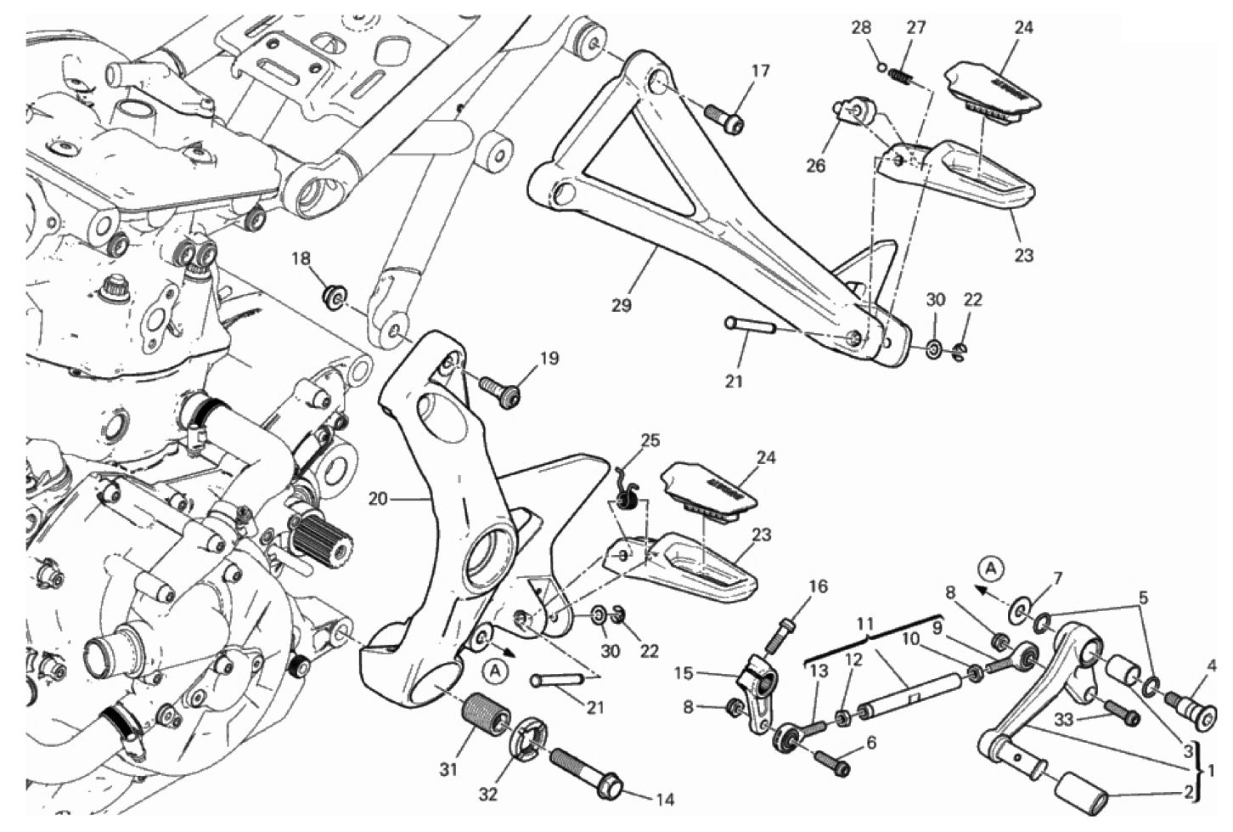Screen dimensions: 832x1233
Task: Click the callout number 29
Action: click(x=622, y=305)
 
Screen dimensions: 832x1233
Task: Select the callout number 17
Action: click(x=761, y=71)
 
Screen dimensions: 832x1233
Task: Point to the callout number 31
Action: click(x=448, y=770)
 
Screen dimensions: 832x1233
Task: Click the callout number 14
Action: click(x=665, y=799)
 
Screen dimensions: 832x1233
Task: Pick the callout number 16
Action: click(x=817, y=586)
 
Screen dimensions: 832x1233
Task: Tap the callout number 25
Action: click(x=650, y=440)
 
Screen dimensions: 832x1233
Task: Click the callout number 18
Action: click(x=301, y=259)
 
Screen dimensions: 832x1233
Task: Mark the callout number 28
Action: click(x=861, y=28)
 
